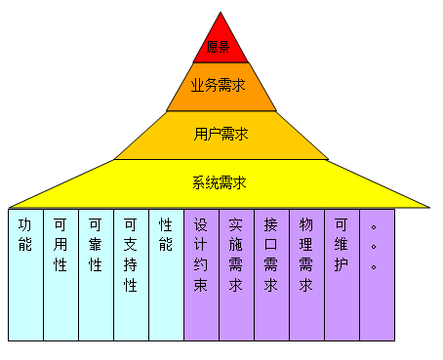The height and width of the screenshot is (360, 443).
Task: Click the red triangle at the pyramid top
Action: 221,43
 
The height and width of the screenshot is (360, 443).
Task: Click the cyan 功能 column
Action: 25,274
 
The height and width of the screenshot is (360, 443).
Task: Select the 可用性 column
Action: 60,274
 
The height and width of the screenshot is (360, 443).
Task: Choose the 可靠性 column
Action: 96,274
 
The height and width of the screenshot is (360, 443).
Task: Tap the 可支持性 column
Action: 131,274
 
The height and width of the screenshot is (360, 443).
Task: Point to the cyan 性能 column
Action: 166,274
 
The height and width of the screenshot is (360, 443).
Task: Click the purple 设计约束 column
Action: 201,274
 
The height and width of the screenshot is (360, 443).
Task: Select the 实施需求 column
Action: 236,274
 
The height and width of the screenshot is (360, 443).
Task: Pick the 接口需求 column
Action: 271,274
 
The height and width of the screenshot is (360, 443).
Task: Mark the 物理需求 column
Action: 306,274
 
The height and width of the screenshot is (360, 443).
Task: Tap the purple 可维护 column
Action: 342,274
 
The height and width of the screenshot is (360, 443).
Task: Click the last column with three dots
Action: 377,274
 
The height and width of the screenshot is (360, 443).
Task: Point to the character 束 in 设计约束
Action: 201,286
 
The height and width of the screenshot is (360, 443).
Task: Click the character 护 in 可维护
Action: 342,264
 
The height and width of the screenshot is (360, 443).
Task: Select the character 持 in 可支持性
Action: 131,264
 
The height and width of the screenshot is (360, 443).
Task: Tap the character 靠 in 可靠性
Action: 96,244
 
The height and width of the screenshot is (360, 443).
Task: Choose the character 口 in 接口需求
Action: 271,244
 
